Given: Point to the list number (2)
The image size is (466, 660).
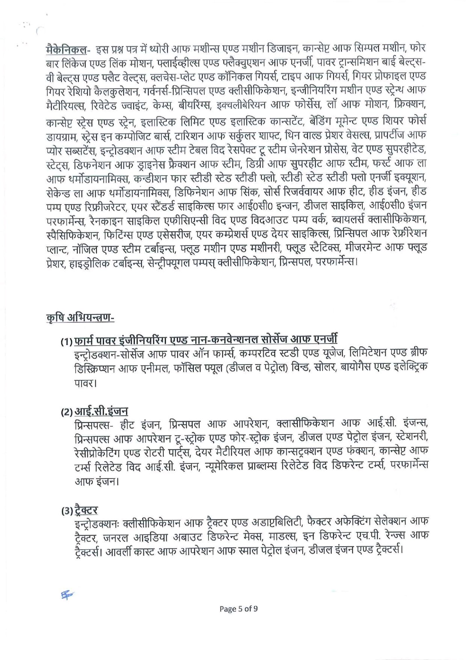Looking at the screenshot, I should point(67,413).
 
